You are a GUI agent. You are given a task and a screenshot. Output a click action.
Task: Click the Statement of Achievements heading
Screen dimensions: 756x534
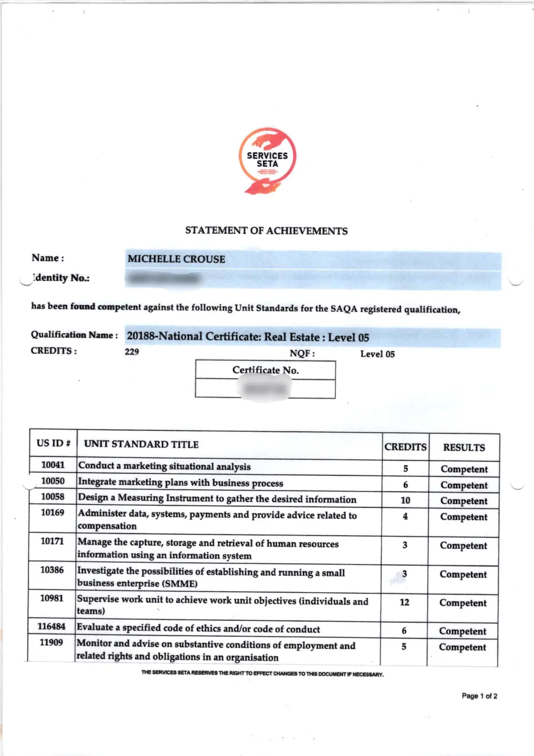coord(266,231)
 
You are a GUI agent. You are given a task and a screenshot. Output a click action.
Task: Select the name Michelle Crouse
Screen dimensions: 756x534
coord(176,259)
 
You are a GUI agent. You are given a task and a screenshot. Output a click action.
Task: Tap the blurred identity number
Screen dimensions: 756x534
coord(164,279)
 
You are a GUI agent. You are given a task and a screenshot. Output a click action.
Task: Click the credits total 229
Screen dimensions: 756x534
coord(132,352)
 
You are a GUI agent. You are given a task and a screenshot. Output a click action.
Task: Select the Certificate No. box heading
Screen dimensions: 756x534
coord(265,370)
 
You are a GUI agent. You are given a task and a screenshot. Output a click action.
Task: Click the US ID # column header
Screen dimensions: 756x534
coord(53,443)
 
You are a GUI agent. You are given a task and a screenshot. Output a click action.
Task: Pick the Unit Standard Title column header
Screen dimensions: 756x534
coord(141,445)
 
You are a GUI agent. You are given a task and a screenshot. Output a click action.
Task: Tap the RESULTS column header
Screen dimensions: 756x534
coord(464,448)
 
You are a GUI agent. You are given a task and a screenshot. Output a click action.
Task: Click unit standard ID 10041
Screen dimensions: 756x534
coord(53,465)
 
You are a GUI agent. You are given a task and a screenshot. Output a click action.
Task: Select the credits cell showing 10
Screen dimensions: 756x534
coord(405,500)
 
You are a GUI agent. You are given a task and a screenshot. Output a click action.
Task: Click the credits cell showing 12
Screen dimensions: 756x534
coord(404,602)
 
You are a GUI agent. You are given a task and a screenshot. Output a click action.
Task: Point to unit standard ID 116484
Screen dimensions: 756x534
coord(52,627)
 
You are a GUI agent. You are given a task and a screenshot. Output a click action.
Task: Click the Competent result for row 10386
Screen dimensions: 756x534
coord(463,574)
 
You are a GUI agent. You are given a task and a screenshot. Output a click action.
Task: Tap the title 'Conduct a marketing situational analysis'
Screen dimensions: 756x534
coord(164,466)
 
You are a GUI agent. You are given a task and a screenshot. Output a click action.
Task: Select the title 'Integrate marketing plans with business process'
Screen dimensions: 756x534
coord(180,483)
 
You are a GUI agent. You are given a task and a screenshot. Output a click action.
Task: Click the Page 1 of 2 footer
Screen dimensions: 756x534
coord(479,696)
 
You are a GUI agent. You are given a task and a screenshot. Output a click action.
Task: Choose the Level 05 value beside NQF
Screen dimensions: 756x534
coord(377,354)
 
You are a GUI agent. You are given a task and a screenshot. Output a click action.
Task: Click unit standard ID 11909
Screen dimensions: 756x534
coord(51,643)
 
